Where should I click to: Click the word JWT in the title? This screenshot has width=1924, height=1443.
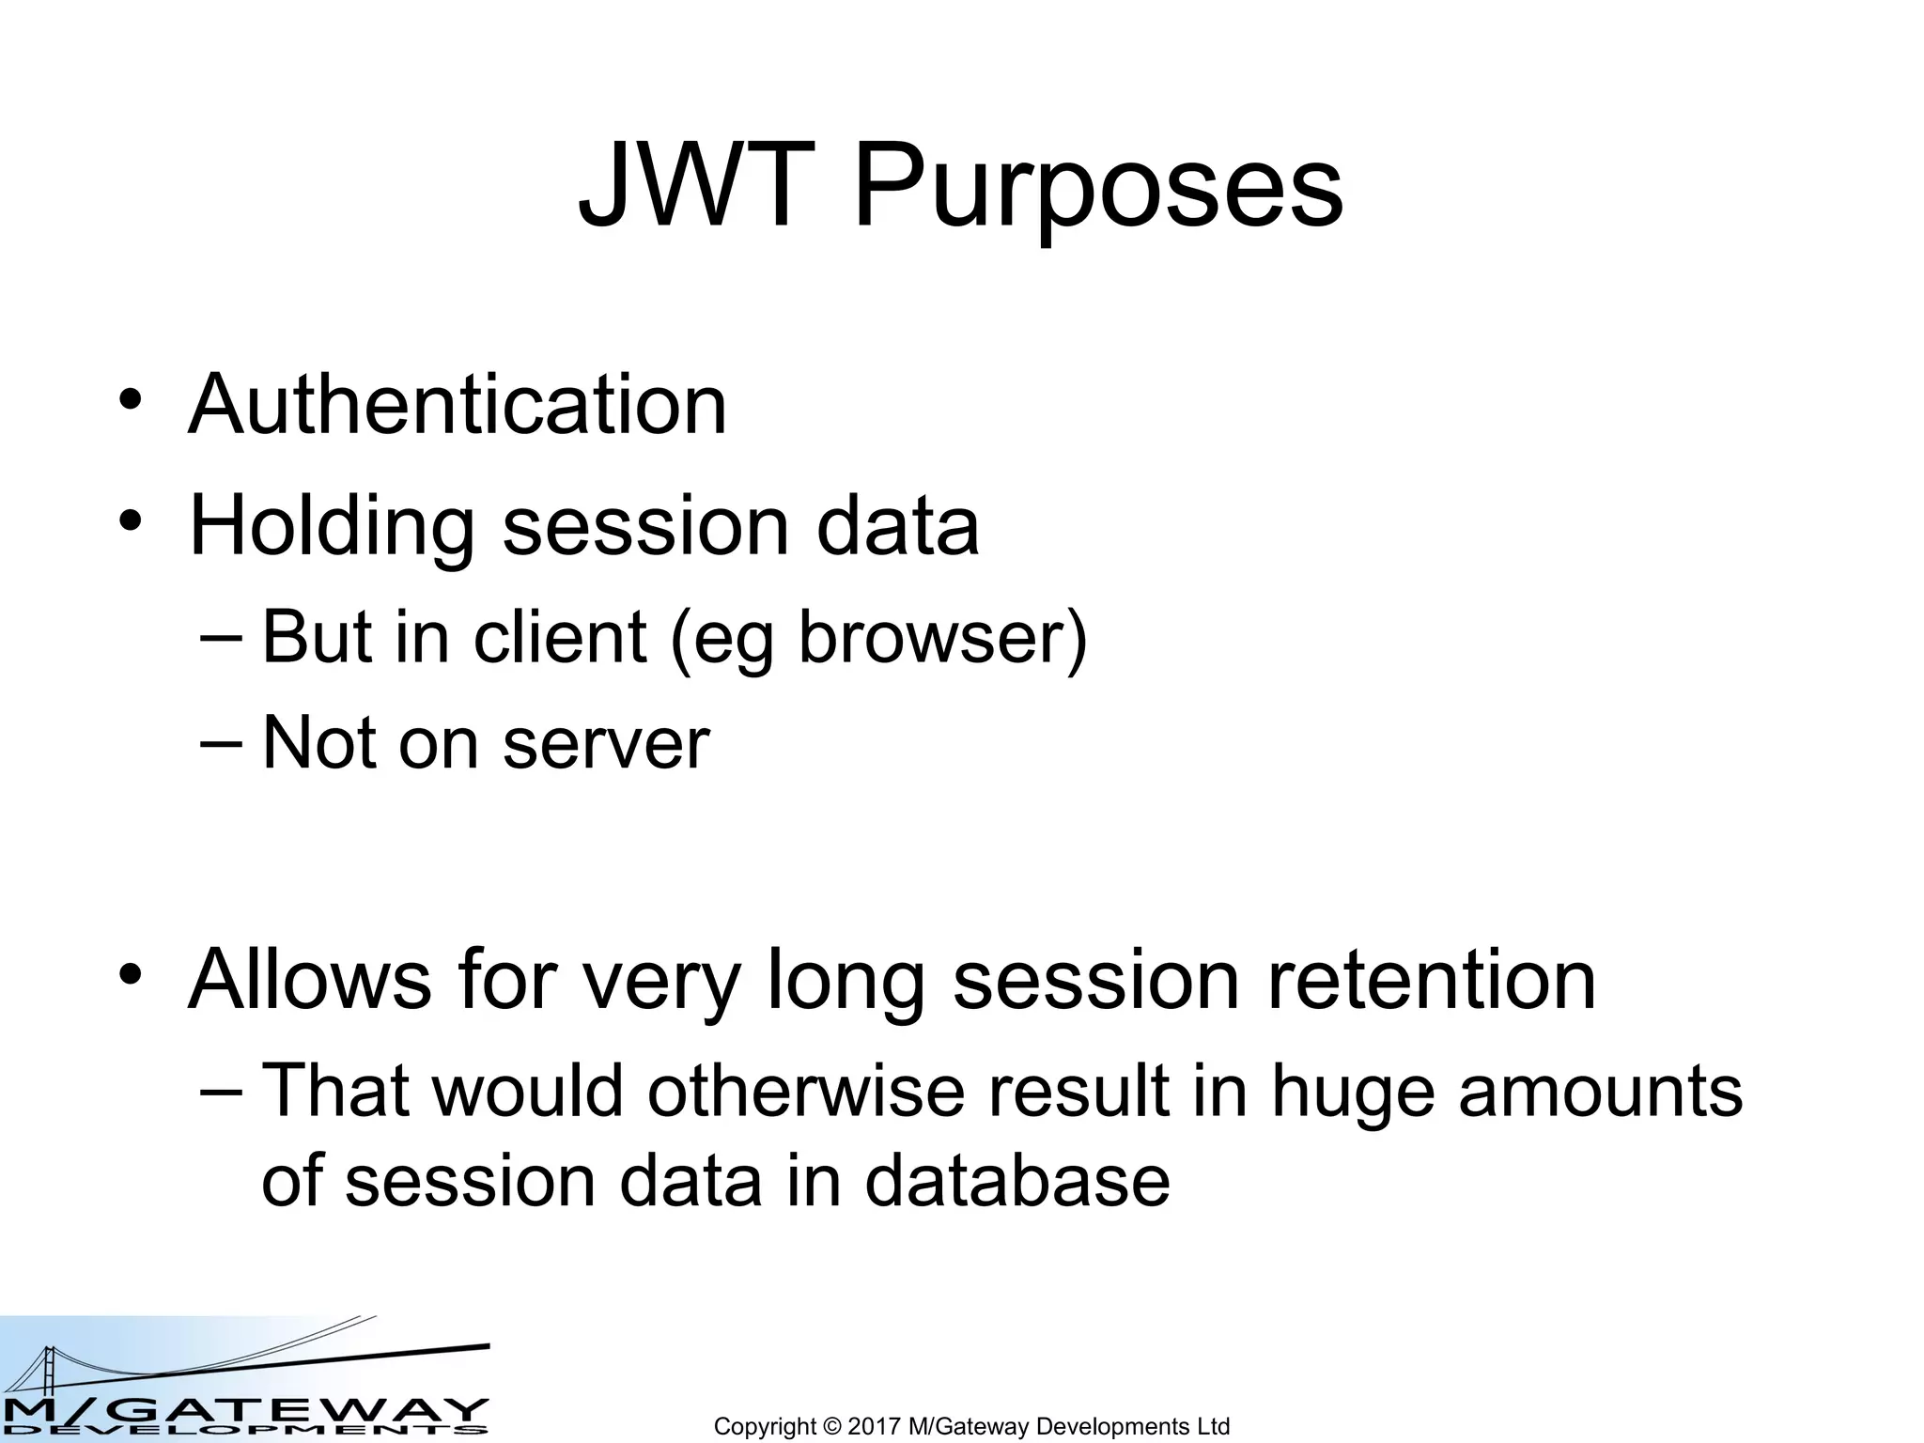[x=696, y=187]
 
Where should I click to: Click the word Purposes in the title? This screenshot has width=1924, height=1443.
[x=1097, y=193]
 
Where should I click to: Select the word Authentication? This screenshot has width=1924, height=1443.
[x=458, y=405]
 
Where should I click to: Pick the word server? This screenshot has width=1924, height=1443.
[x=606, y=744]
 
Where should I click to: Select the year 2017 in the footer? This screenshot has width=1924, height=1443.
[x=875, y=1426]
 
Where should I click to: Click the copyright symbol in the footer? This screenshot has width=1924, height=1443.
[x=831, y=1426]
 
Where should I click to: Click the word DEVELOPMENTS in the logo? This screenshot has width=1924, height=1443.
[x=244, y=1431]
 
